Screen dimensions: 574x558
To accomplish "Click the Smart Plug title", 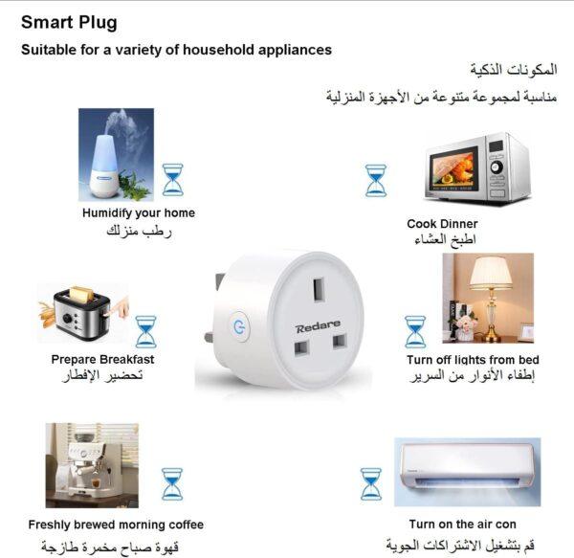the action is (69, 23).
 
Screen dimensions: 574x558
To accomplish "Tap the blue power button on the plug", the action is (238, 325).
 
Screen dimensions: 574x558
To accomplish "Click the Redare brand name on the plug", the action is (318, 326).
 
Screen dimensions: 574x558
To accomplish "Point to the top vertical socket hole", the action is (319, 290).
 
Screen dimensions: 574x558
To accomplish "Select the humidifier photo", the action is (116, 154).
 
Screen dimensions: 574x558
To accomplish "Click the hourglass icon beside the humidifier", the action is (173, 180).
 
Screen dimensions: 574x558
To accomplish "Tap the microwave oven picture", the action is (477, 168).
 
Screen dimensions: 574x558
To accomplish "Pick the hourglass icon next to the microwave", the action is (376, 181).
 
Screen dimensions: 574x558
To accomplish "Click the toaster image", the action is (83, 313).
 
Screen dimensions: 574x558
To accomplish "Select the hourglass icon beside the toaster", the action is (145, 332).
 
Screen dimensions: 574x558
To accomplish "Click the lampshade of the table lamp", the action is (491, 273).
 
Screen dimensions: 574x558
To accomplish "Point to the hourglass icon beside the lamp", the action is (415, 332).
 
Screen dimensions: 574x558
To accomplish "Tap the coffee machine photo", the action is (92, 465).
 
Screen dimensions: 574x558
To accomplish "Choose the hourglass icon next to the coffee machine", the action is (172, 484).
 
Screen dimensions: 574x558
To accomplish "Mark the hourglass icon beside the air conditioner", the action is (370, 484).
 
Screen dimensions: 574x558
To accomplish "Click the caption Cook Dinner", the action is (442, 224).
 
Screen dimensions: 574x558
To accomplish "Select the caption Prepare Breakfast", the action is (102, 360).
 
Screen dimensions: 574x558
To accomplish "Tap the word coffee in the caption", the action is (186, 525).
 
